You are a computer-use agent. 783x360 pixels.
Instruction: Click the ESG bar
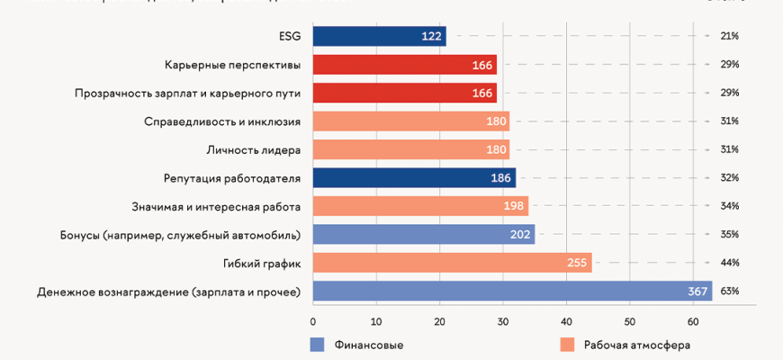point(379,36)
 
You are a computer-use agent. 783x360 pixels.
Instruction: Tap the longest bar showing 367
point(512,292)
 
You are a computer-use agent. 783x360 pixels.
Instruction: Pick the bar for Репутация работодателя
point(414,178)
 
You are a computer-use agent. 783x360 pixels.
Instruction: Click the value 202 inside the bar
point(521,235)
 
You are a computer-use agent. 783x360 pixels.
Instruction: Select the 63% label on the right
point(729,292)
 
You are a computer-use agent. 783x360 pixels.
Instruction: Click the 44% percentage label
point(729,263)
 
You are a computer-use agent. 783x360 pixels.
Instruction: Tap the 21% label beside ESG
point(729,36)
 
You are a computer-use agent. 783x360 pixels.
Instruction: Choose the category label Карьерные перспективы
point(232,65)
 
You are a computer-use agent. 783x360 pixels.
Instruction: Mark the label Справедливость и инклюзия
point(222,121)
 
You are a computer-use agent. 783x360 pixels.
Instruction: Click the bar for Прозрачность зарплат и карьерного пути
point(404,93)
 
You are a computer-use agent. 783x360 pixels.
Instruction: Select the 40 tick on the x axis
point(566,321)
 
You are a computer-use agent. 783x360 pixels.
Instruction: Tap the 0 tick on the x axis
point(313,321)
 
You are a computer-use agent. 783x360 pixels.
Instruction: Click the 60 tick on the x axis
point(693,321)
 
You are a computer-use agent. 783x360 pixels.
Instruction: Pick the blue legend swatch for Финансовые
point(316,345)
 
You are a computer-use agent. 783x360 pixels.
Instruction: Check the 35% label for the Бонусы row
point(729,235)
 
